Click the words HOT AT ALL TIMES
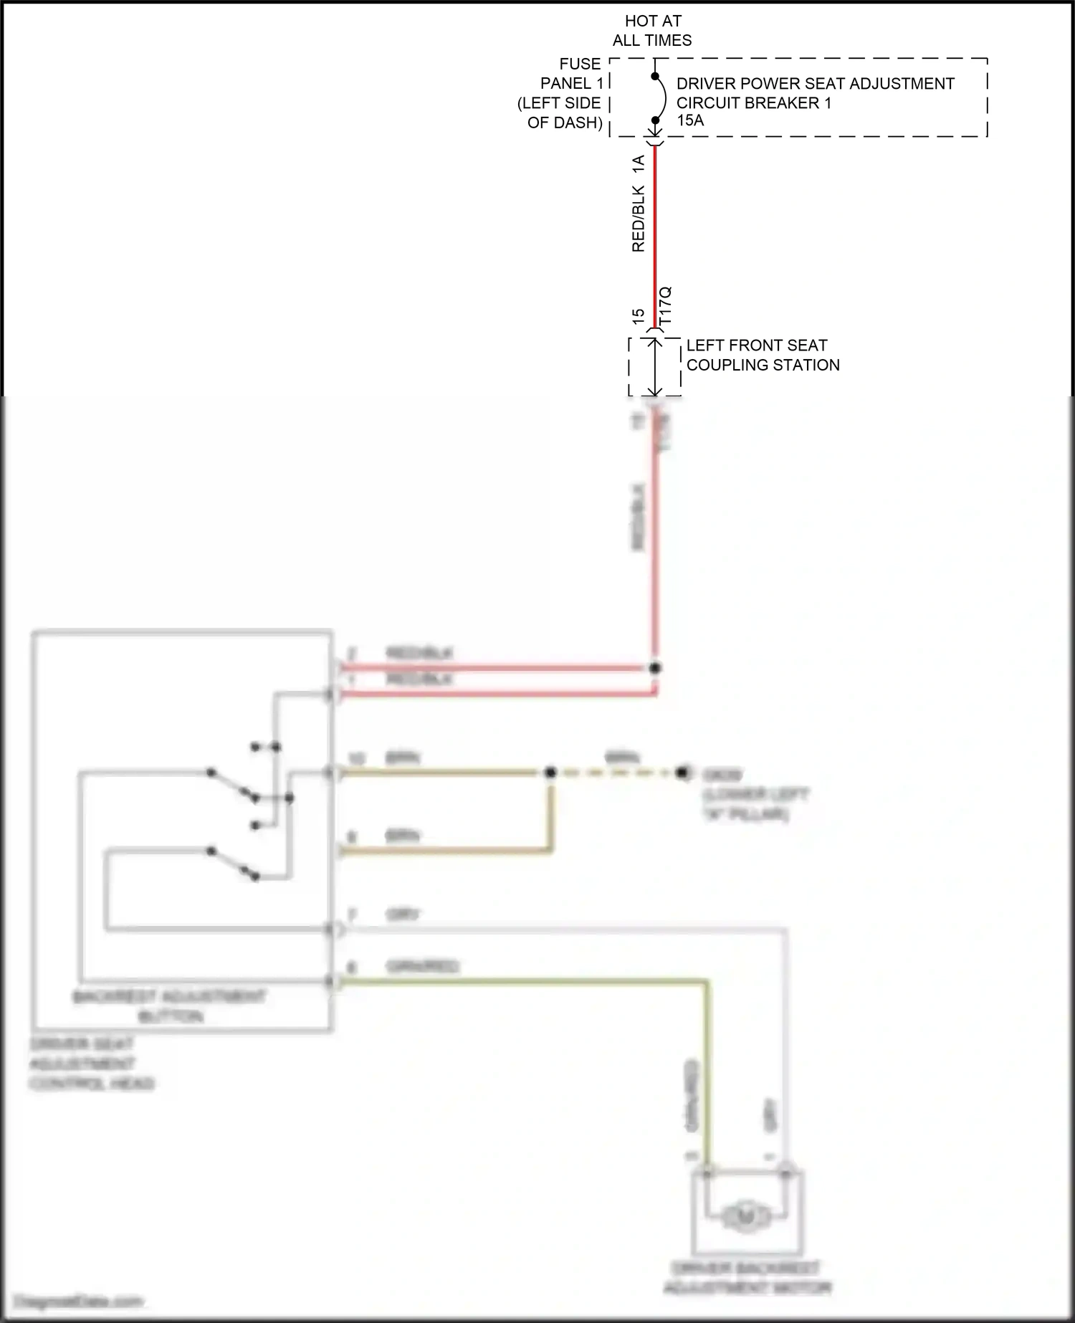[x=652, y=31]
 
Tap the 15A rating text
[x=690, y=120]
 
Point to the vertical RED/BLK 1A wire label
[x=638, y=204]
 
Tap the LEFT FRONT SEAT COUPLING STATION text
[x=762, y=355]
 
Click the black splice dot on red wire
[x=654, y=668]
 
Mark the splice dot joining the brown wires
[x=550, y=773]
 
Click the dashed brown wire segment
[x=616, y=773]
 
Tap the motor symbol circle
[x=746, y=1215]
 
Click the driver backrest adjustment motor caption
[x=747, y=1279]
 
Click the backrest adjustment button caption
[x=170, y=1006]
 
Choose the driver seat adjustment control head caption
[x=91, y=1064]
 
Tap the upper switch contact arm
[x=231, y=784]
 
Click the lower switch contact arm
[x=231, y=863]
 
